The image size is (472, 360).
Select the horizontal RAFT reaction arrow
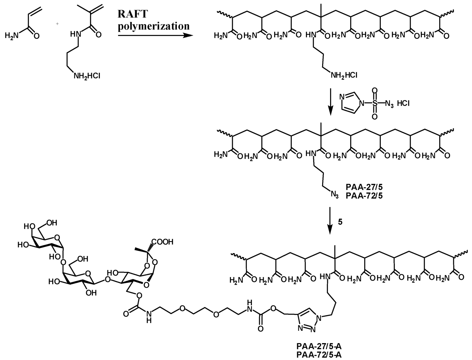click(x=155, y=35)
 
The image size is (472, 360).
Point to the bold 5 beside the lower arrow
click(x=340, y=222)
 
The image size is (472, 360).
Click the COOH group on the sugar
click(x=165, y=242)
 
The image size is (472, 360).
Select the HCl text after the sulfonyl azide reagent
click(x=402, y=104)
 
